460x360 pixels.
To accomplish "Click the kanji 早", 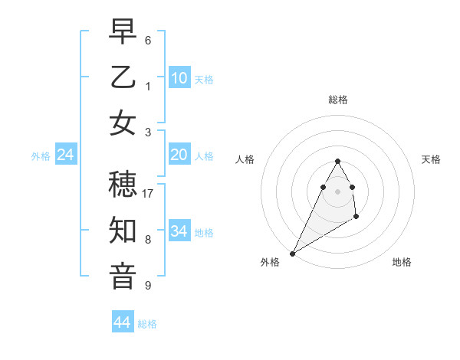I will (x=123, y=32).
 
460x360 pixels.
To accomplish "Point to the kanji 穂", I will (x=123, y=185).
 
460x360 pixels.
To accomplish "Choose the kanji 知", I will (x=123, y=231).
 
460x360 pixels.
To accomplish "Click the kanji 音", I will (x=123, y=275).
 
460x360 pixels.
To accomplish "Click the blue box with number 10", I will (x=179, y=77).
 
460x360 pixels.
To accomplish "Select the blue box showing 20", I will (x=179, y=155).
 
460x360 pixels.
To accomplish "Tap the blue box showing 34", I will (x=179, y=231).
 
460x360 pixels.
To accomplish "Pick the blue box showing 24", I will (x=66, y=155).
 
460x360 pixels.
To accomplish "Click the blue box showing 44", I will (x=123, y=322).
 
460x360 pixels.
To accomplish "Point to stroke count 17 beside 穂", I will (x=148, y=194).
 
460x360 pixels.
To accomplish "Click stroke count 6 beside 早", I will (x=148, y=40).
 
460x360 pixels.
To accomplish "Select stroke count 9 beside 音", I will (x=148, y=286).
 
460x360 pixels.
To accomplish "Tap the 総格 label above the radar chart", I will (x=338, y=100).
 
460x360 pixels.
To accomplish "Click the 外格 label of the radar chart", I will (x=270, y=262).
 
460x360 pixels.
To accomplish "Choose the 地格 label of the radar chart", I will (x=402, y=262).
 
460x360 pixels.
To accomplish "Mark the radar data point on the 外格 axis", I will (x=292, y=253).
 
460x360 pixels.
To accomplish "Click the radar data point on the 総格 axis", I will (x=338, y=161).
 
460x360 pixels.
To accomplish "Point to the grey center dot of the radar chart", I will (x=338, y=191).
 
